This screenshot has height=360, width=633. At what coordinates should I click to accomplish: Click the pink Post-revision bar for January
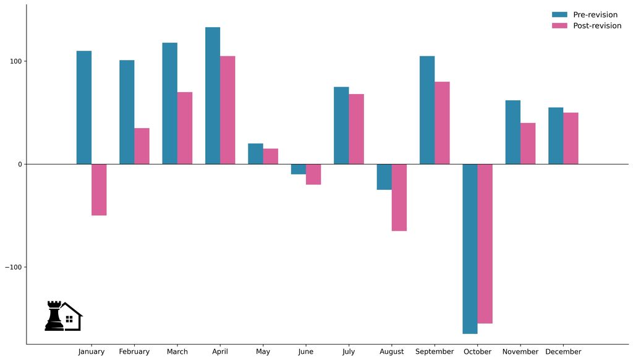pyautogui.click(x=99, y=189)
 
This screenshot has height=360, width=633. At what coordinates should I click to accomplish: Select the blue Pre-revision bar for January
pyautogui.click(x=84, y=108)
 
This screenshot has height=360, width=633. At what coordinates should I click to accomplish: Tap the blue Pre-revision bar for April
pyautogui.click(x=213, y=96)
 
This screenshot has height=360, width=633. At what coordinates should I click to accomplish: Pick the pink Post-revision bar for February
pyautogui.click(x=142, y=146)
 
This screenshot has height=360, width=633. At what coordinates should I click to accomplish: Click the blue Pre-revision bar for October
pyautogui.click(x=470, y=249)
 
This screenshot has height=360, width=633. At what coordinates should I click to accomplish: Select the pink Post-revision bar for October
pyautogui.click(x=485, y=244)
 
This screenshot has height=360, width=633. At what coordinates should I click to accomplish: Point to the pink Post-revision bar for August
pyautogui.click(x=399, y=197)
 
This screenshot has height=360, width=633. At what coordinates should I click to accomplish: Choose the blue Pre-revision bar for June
pyautogui.click(x=299, y=169)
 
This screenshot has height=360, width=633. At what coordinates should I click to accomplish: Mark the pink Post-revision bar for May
pyautogui.click(x=270, y=156)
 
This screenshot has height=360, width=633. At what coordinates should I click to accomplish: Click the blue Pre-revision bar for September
pyautogui.click(x=427, y=110)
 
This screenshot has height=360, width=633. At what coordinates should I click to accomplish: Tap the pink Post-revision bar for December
pyautogui.click(x=571, y=139)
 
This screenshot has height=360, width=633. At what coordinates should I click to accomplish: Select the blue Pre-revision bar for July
pyautogui.click(x=341, y=126)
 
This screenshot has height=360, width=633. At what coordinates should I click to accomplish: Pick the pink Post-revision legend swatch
pyautogui.click(x=559, y=26)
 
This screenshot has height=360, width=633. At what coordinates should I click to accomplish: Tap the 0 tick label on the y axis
pyautogui.click(x=20, y=165)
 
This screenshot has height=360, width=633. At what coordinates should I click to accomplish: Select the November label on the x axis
pyautogui.click(x=520, y=352)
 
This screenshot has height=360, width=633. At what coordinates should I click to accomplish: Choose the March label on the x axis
pyautogui.click(x=177, y=352)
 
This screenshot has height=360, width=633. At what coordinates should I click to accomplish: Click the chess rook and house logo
pyautogui.click(x=63, y=316)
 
